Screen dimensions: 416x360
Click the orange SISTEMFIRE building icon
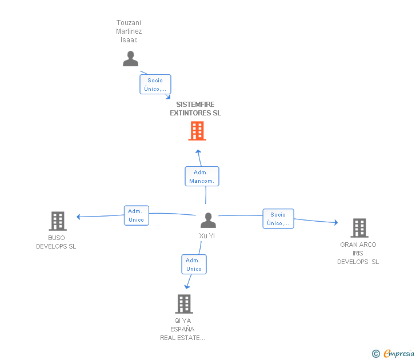click(x=197, y=130)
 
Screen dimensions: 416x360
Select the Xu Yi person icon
click(x=208, y=220)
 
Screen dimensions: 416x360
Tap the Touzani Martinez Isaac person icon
click(x=130, y=59)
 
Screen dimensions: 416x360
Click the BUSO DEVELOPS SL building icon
click(x=58, y=221)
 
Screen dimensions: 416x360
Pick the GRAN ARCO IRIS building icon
click(x=359, y=228)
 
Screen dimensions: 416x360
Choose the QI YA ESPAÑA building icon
click(x=184, y=304)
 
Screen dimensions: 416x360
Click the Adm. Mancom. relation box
click(x=202, y=177)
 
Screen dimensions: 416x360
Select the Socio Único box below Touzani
click(x=155, y=85)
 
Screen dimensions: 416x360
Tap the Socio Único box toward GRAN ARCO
click(x=278, y=219)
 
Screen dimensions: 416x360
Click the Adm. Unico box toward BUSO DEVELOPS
click(x=137, y=215)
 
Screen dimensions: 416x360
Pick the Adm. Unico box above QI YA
click(x=194, y=264)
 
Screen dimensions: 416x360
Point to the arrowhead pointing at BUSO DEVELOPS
click(x=78, y=217)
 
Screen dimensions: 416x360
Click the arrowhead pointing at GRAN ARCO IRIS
click(x=336, y=222)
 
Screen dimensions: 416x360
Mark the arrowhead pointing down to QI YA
click(x=187, y=286)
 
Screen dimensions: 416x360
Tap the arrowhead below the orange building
click(x=198, y=151)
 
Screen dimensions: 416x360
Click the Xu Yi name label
click(x=207, y=235)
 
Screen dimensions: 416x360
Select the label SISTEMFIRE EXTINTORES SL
click(x=195, y=109)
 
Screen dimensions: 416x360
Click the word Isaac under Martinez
click(x=129, y=40)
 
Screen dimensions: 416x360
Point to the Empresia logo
click(x=393, y=353)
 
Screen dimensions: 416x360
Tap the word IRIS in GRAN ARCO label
click(x=358, y=253)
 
